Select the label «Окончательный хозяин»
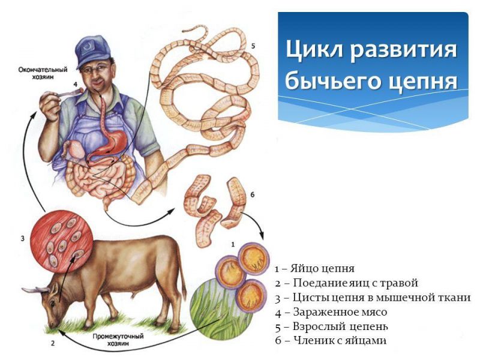[41, 74]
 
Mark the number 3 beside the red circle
[22, 239]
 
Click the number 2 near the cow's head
[52, 344]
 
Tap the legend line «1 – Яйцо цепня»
[315, 268]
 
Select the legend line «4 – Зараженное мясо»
[331, 312]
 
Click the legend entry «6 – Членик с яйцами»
[331, 341]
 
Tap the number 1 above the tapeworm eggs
[232, 244]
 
